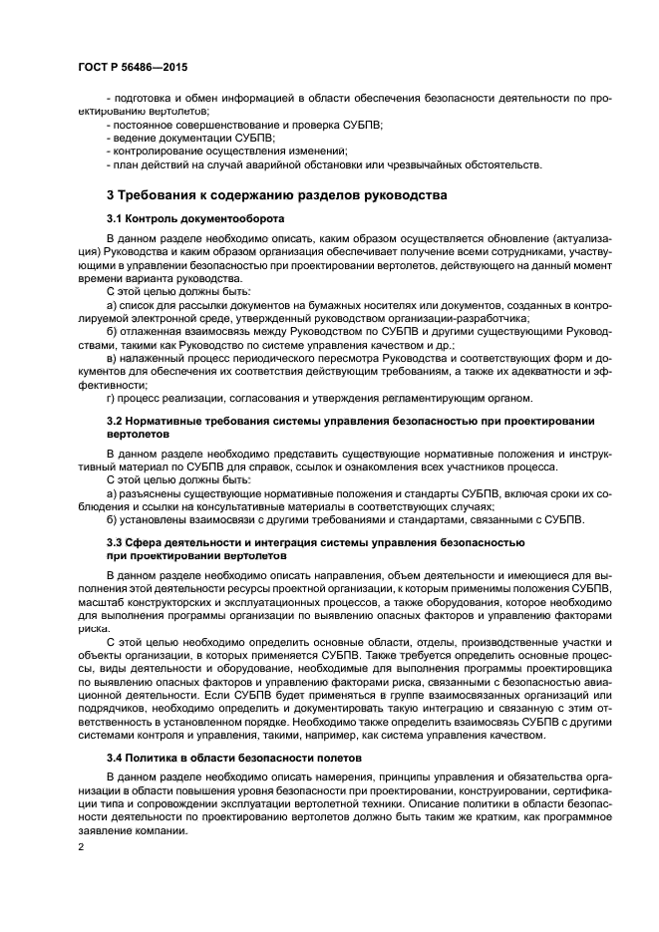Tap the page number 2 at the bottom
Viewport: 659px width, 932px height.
(83, 845)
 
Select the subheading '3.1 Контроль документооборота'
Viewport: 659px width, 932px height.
(195, 217)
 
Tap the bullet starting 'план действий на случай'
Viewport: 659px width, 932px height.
(324, 164)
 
